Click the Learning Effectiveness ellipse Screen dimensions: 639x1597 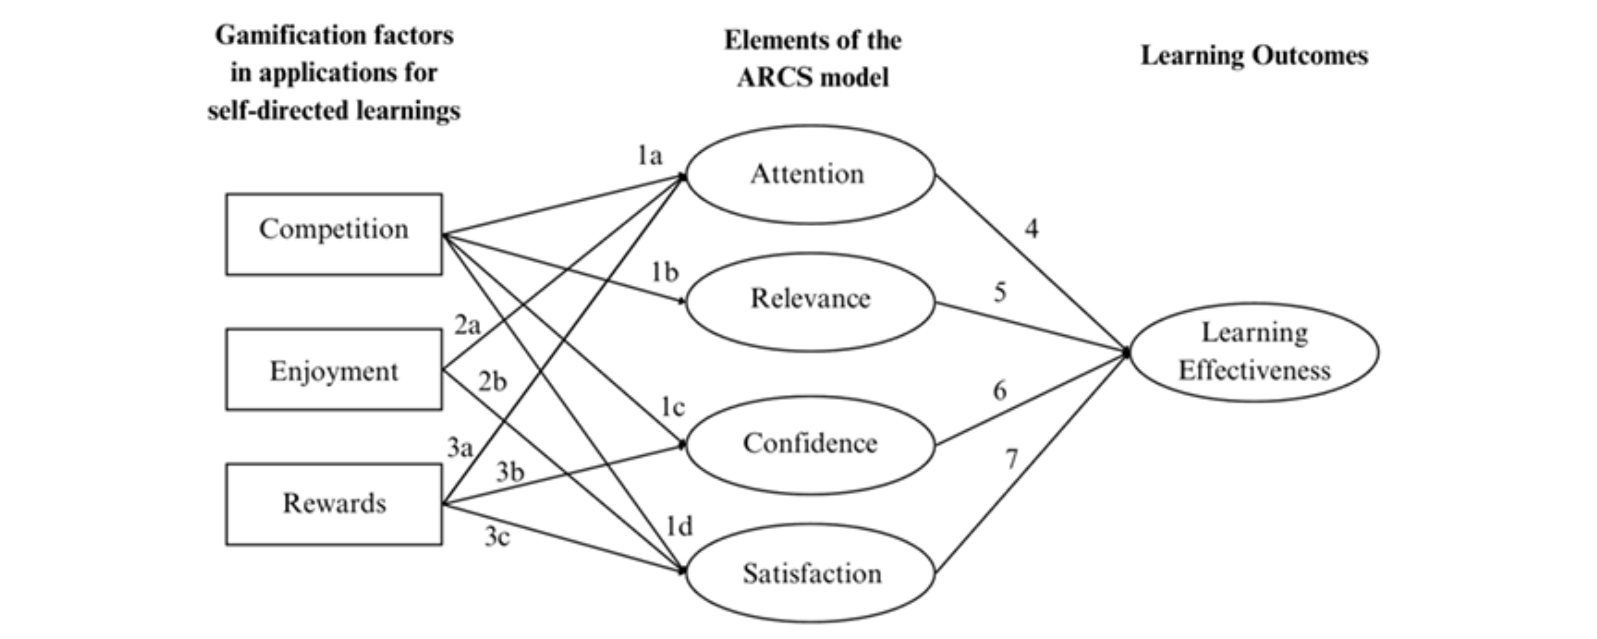1254,352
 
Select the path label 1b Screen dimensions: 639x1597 665,272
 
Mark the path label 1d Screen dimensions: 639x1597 679,527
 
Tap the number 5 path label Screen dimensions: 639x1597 1000,292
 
